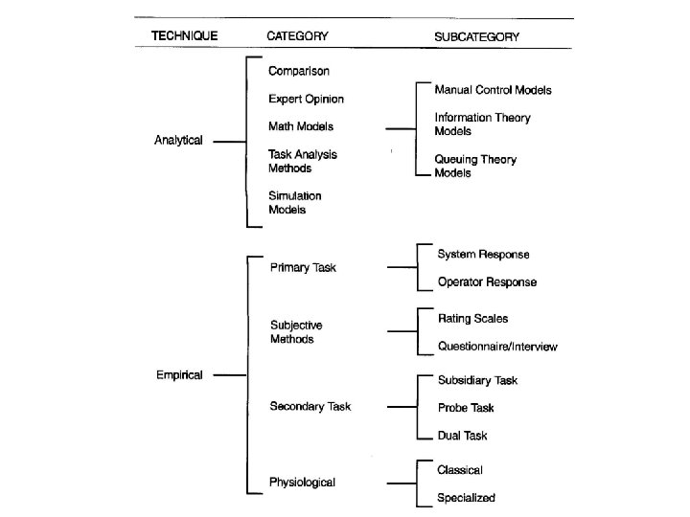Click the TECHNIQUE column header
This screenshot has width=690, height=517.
[185, 36]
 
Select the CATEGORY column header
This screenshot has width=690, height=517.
[297, 36]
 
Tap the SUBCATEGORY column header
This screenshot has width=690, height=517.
[477, 37]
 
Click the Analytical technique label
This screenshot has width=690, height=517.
[179, 141]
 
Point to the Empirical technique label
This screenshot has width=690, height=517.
[179, 375]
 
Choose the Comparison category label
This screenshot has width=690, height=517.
[300, 72]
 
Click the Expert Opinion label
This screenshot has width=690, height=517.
[306, 99]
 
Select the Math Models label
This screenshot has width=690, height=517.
[301, 126]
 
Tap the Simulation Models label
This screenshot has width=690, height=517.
[294, 203]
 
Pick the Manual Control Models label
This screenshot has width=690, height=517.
[493, 90]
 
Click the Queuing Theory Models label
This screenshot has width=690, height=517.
[475, 167]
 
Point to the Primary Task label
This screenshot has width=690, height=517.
[304, 268]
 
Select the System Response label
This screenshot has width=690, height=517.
[483, 255]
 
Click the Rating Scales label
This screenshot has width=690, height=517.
[472, 319]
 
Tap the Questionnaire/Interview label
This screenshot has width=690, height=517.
[497, 346]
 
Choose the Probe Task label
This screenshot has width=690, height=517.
[466, 408]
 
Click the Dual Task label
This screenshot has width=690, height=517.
[462, 436]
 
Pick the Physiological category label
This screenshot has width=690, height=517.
[303, 483]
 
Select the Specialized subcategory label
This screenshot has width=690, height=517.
[467, 498]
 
